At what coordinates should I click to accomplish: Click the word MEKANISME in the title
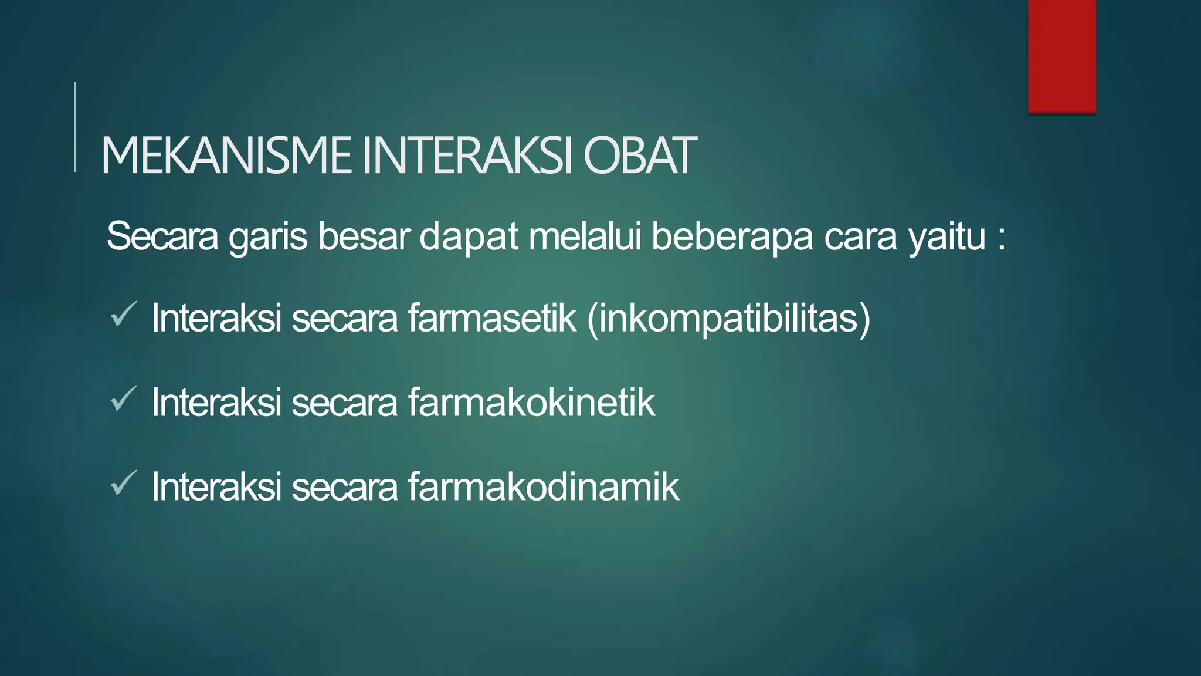pyautogui.click(x=226, y=156)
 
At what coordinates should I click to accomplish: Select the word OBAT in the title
pyautogui.click(x=640, y=156)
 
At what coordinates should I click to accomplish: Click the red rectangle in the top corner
pyautogui.click(x=1061, y=56)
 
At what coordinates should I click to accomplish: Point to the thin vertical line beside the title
pyautogui.click(x=75, y=127)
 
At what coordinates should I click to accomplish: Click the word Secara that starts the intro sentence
pyautogui.click(x=162, y=236)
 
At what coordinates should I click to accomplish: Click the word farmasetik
pyautogui.click(x=491, y=318)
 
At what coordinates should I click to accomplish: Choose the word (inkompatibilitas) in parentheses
pyautogui.click(x=728, y=319)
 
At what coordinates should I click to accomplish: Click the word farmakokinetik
pyautogui.click(x=531, y=403)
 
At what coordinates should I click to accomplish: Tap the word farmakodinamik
pyautogui.click(x=543, y=487)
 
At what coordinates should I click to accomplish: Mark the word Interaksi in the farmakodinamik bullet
pyautogui.click(x=216, y=487)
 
